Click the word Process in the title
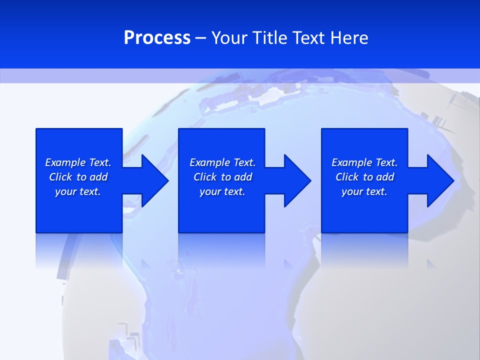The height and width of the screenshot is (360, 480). [x=157, y=38]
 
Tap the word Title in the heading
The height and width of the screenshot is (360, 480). [x=269, y=38]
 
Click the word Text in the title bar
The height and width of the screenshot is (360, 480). [x=309, y=38]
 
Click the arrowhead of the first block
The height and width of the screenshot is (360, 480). [x=154, y=180]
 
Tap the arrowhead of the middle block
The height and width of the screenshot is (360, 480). [x=297, y=180]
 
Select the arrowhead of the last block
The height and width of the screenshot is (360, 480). [x=440, y=180]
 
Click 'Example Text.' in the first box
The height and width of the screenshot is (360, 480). [x=78, y=162]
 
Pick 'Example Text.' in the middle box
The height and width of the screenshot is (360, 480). [x=222, y=162]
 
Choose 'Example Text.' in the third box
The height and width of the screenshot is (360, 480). [x=364, y=162]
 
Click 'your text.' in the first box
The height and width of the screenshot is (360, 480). [x=78, y=191]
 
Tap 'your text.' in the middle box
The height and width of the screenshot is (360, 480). [x=222, y=191]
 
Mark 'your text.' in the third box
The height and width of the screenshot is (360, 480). [x=364, y=191]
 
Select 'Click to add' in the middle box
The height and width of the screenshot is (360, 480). [x=222, y=177]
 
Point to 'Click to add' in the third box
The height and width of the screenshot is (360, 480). [x=364, y=177]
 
